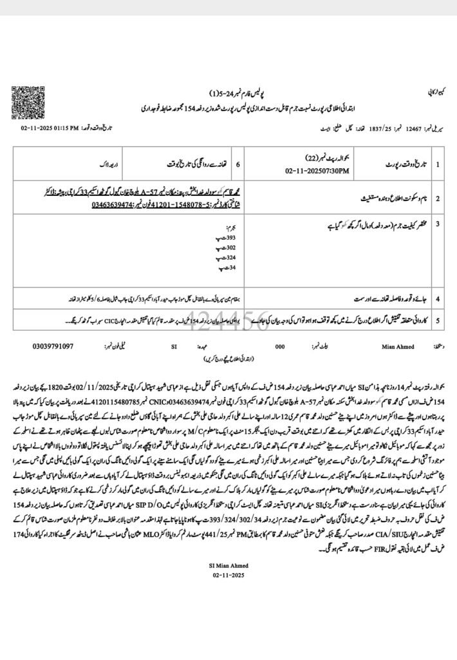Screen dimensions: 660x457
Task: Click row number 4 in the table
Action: coord(438,300)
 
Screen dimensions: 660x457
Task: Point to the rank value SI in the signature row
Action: coord(173,346)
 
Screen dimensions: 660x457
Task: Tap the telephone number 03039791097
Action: coord(53,346)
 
